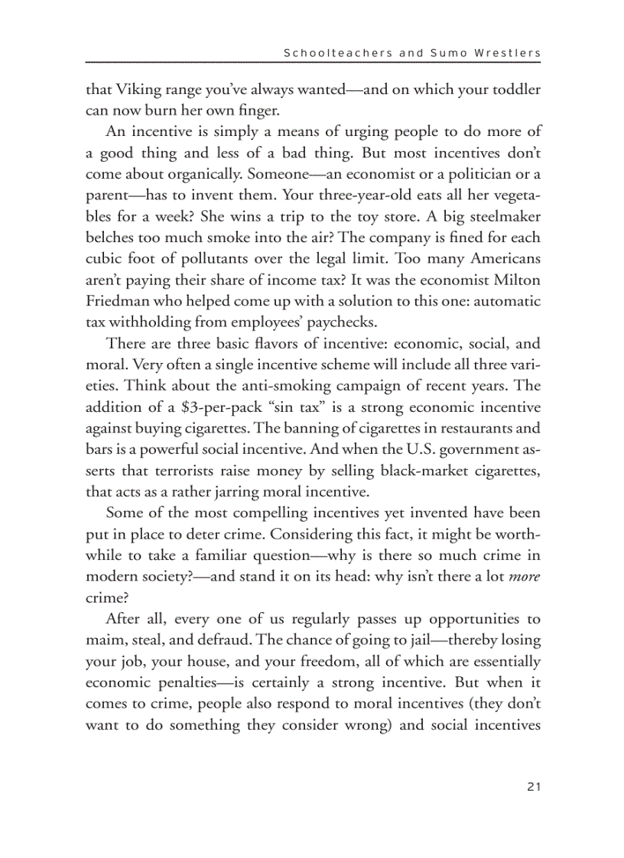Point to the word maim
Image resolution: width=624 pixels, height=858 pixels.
tap(103, 639)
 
